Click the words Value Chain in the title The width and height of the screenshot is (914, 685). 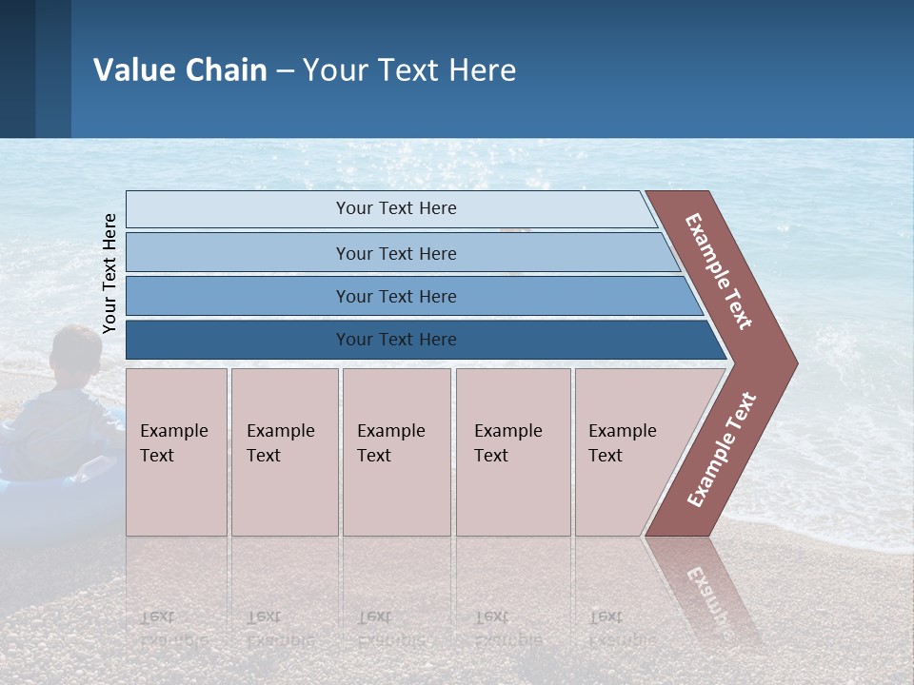(180, 70)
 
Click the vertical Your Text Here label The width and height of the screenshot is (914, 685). (109, 273)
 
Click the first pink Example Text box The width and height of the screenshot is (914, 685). (176, 452)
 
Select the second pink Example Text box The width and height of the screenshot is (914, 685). (285, 452)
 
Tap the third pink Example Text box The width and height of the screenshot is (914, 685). (396, 452)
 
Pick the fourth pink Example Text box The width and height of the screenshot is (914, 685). (513, 452)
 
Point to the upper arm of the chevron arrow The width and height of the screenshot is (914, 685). (719, 271)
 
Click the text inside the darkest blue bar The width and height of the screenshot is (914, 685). (396, 340)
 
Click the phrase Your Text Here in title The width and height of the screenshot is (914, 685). (409, 70)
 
